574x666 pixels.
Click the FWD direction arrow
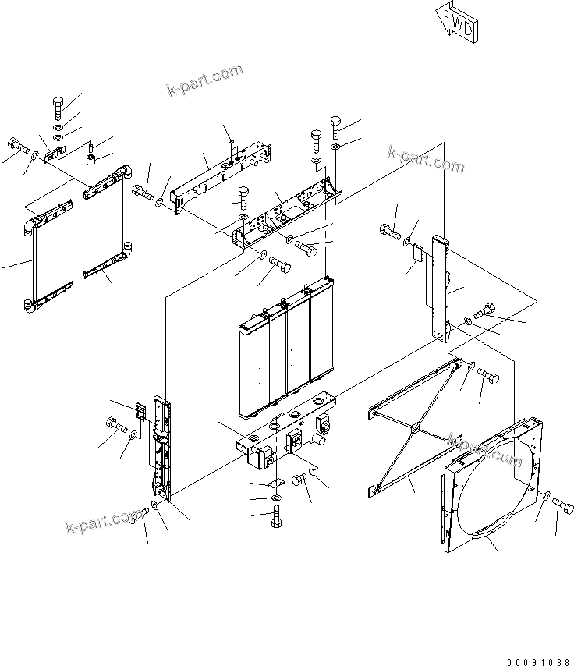(458, 25)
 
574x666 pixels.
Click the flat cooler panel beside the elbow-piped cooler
(108, 222)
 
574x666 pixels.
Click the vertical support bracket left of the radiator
(160, 448)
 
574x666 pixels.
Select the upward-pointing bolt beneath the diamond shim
(276, 517)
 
